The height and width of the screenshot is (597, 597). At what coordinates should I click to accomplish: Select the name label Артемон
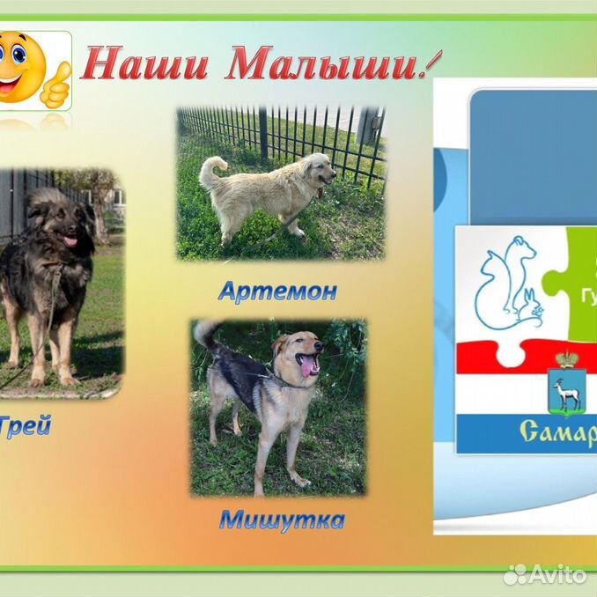[x=277, y=291]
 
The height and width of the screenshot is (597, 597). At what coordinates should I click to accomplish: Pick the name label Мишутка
[x=282, y=520]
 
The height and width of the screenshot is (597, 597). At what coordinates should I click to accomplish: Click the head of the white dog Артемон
[x=316, y=168]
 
